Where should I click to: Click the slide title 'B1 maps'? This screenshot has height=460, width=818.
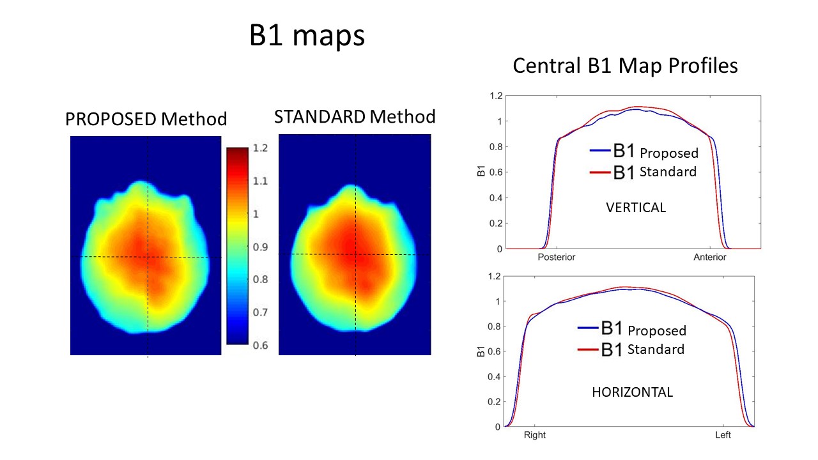click(307, 36)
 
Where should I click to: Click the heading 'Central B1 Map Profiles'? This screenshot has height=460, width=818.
click(626, 65)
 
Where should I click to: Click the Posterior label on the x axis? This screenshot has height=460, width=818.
click(557, 257)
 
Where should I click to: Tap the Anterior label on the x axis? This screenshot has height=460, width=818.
click(710, 257)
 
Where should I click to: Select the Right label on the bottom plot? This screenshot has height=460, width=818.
click(535, 436)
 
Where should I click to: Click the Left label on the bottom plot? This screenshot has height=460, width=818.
click(723, 436)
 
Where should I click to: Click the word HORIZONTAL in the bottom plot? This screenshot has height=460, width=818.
click(633, 392)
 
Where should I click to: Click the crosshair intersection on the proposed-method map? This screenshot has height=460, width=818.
click(148, 257)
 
